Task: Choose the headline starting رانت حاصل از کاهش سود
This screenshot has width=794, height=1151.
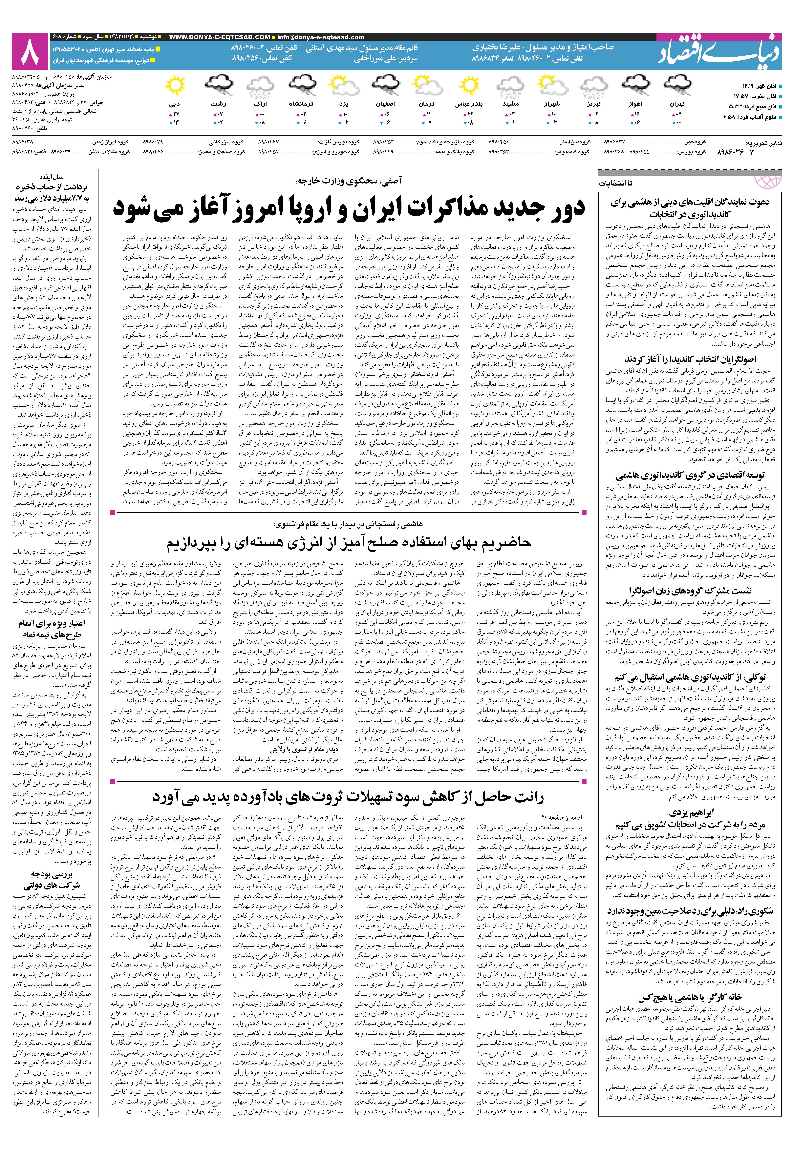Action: click(x=348, y=797)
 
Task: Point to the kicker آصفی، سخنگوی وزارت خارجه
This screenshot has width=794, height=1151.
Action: click(x=348, y=181)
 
